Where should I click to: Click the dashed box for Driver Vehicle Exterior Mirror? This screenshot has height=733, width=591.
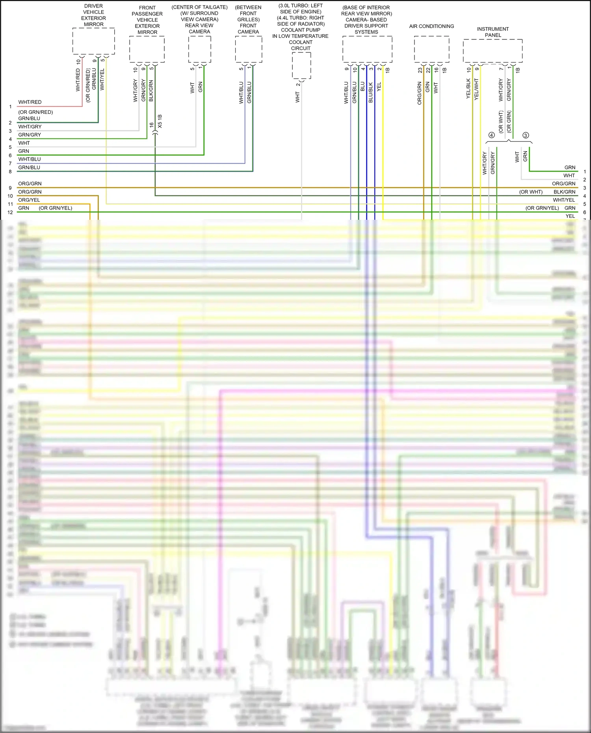point(93,41)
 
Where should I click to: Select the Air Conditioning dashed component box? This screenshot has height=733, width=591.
point(431,49)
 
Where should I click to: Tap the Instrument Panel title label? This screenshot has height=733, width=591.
point(493,32)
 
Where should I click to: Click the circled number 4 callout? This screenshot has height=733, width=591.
point(491,135)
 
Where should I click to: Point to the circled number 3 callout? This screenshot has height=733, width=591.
point(526,135)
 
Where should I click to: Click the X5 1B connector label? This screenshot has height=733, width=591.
point(160,121)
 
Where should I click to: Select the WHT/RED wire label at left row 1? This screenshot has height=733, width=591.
point(30,102)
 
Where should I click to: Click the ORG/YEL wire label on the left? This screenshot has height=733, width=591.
point(29,200)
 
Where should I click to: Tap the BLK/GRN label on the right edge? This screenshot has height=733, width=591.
point(564,192)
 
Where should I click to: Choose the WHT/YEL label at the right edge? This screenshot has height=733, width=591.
point(564,200)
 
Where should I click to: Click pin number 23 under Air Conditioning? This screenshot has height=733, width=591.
point(420,70)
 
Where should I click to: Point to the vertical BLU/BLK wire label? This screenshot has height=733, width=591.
point(370,93)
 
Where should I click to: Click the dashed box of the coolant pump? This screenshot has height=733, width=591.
point(301,65)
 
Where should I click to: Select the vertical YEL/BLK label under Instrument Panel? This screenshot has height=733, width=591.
point(468,89)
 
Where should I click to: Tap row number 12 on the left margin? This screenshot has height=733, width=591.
point(10,212)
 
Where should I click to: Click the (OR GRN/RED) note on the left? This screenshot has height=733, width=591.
point(35,112)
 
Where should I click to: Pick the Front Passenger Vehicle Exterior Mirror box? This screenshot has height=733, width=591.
point(147,49)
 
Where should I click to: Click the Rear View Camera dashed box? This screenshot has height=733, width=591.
point(199,49)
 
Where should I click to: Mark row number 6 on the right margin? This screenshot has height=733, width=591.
point(585,212)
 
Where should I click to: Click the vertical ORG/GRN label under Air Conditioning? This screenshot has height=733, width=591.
point(420,93)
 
